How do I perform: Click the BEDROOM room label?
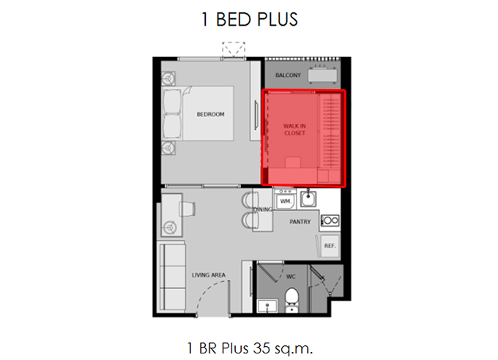[x=210, y=114]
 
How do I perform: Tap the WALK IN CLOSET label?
[x=294, y=130]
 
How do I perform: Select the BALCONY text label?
[x=288, y=75]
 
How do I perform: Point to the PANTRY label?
[x=300, y=222]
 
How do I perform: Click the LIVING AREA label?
[x=208, y=275]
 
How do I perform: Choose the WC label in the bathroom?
[x=291, y=277]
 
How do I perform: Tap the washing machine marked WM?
[x=285, y=199]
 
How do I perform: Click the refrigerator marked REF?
[x=330, y=246]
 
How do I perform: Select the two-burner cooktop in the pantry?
[x=330, y=220]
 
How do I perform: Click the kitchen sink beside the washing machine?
[x=308, y=198]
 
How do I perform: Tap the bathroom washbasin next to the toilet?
[x=267, y=306]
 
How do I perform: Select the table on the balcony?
[x=322, y=75]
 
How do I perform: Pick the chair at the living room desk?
[x=187, y=209]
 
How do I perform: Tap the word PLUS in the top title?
[x=278, y=19]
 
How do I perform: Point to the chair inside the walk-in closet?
[x=293, y=162]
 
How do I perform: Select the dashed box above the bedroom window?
[x=234, y=50]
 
